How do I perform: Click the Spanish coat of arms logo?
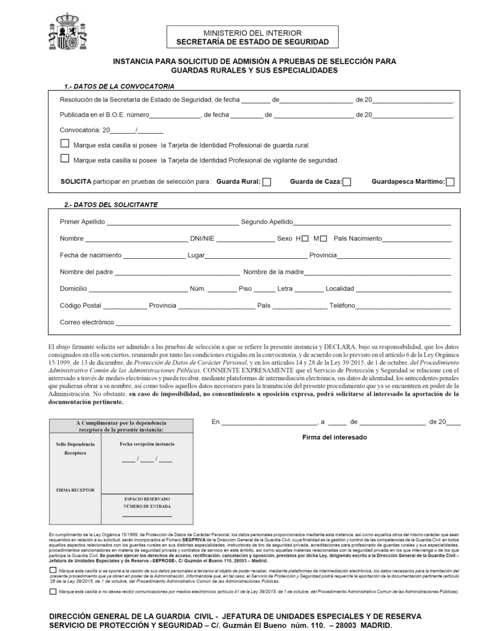[68, 31]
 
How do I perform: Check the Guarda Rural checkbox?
[267, 182]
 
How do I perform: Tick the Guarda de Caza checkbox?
[347, 182]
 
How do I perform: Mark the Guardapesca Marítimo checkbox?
[450, 182]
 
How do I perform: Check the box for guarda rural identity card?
[65, 144]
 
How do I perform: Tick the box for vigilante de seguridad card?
[65, 158]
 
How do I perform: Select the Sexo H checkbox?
[305, 238]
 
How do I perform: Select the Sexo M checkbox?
[323, 238]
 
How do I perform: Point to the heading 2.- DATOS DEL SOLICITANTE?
[111, 204]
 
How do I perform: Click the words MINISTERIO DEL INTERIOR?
[252, 33]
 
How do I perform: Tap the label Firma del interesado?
[334, 437]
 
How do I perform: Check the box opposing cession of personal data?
[51, 571]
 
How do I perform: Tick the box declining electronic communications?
[51, 592]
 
